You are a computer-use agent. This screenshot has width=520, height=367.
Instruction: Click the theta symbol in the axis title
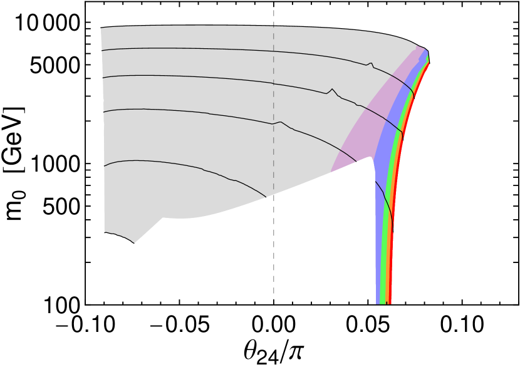(x=252, y=351)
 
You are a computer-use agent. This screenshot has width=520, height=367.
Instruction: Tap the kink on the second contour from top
(x=332, y=91)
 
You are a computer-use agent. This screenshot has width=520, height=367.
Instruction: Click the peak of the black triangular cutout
(x=368, y=158)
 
